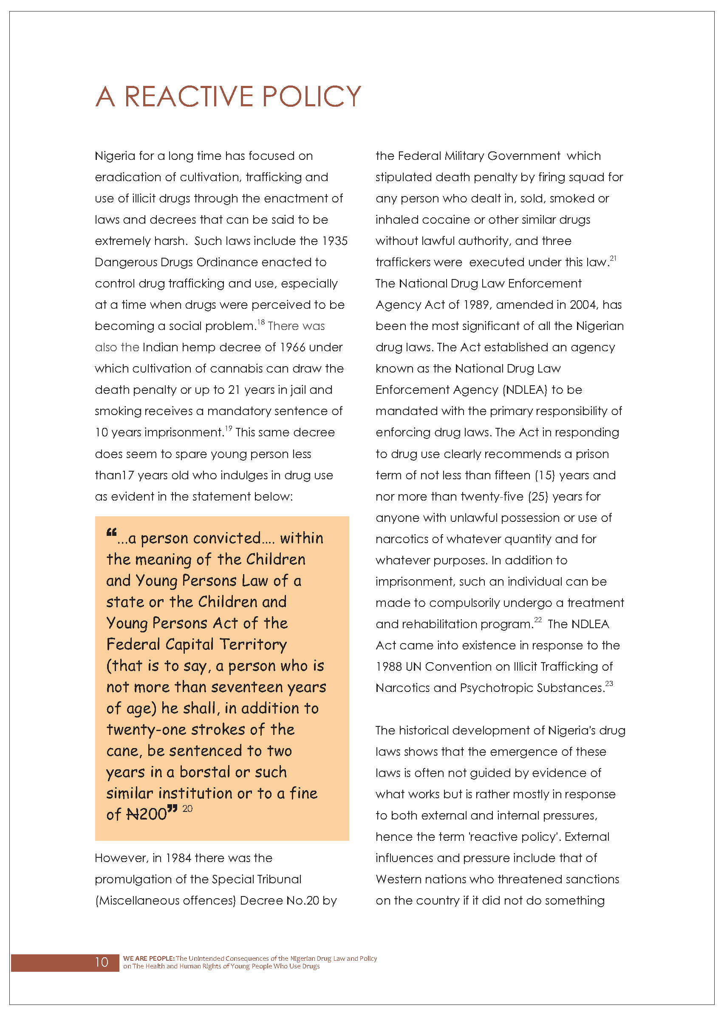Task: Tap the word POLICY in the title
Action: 311,97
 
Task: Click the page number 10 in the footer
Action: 102,962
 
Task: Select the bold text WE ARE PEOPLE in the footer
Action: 148,958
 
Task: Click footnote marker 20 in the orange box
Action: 187,808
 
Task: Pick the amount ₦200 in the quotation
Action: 147,814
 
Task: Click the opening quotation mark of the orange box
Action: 111,532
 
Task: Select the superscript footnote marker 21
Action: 613,258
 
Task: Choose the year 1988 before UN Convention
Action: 389,666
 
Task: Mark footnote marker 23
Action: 609,683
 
